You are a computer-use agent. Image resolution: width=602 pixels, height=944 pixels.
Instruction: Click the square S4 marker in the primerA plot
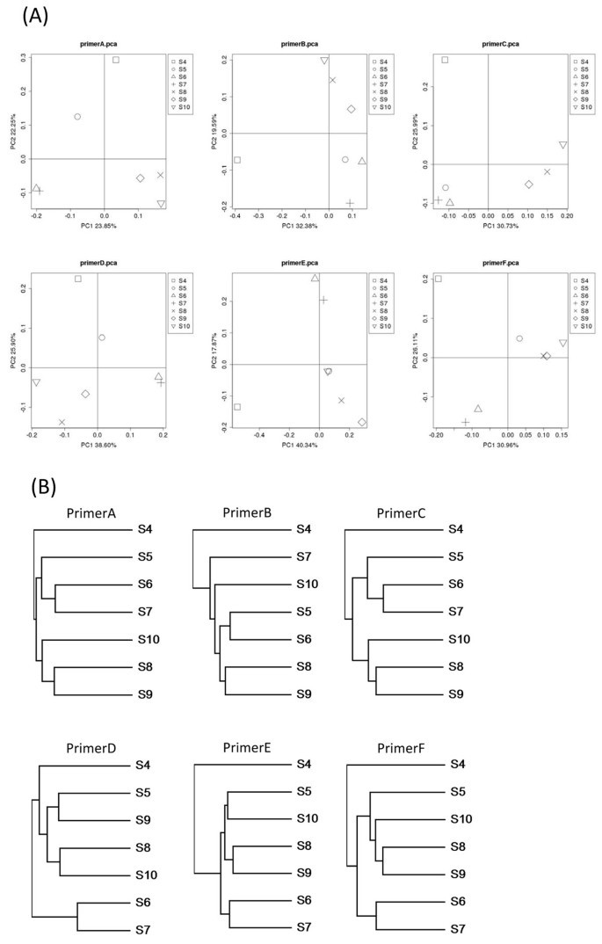pos(116,60)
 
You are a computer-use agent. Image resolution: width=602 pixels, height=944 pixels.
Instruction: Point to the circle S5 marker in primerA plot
pos(77,117)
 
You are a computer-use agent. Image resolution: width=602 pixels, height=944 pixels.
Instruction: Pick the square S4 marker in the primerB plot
pos(237,160)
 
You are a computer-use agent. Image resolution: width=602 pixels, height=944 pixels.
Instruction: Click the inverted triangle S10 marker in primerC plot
pos(562,145)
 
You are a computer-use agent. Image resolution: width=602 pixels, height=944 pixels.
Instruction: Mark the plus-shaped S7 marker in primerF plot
pos(466,423)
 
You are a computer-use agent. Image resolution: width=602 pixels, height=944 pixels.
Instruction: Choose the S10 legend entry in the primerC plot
pos(583,108)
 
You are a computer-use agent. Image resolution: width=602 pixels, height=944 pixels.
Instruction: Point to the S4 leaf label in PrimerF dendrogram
pos(457,765)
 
